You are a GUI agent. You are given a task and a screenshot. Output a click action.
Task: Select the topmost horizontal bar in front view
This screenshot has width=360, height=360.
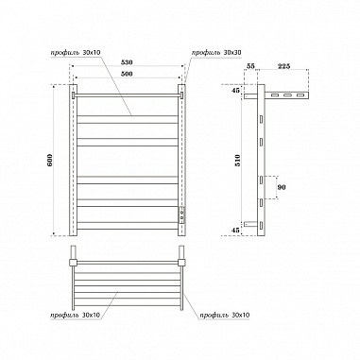coord(126,94)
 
